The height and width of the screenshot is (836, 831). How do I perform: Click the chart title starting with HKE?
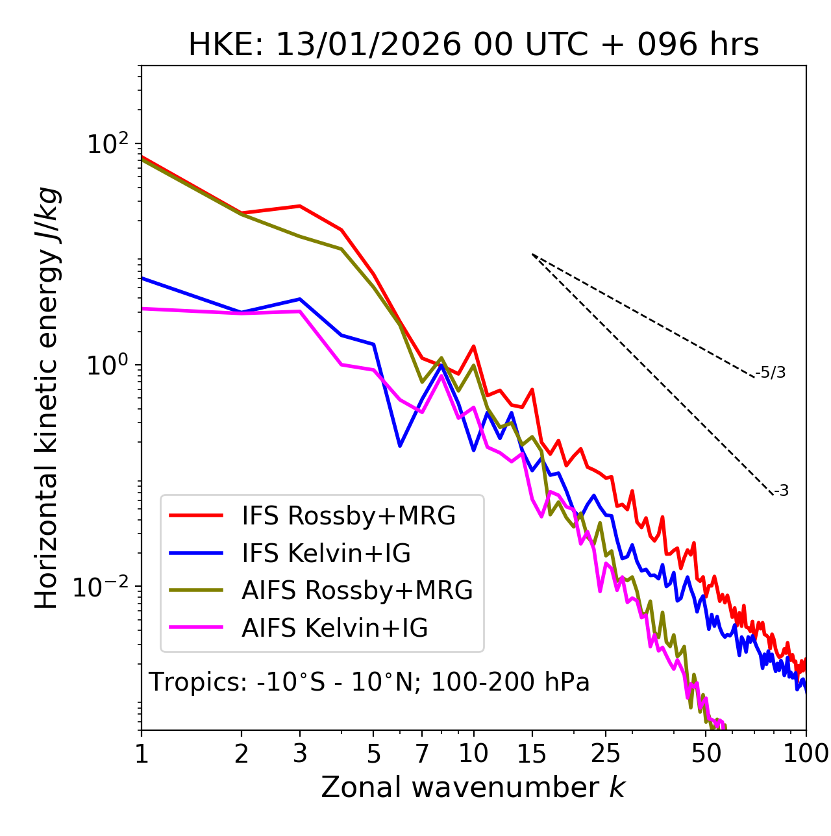[x=473, y=45]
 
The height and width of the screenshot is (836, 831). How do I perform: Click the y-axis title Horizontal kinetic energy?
[x=47, y=398]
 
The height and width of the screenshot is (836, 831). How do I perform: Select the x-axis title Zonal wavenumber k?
[x=473, y=787]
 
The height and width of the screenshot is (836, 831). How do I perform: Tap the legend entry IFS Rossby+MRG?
[x=348, y=515]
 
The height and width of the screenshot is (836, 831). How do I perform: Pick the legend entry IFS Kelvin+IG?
[x=326, y=553]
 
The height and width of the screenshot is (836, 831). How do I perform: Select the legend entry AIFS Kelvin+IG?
[x=334, y=628]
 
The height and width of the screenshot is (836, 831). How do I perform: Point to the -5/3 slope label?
[x=771, y=373]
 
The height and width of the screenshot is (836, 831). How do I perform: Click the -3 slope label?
[x=781, y=491]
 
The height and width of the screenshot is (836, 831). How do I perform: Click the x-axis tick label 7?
[x=422, y=754]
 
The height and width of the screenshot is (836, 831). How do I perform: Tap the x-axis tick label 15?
[x=532, y=754]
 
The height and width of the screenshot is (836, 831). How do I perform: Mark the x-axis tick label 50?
[x=706, y=754]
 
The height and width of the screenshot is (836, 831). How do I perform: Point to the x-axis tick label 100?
[x=805, y=754]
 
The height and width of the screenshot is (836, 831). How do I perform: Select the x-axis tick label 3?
[x=300, y=754]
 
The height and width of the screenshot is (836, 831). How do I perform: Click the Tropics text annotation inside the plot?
[x=369, y=682]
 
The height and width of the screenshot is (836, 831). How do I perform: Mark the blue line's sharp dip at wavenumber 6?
[x=400, y=446]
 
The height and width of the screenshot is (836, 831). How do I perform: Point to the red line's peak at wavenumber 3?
[x=300, y=206]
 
